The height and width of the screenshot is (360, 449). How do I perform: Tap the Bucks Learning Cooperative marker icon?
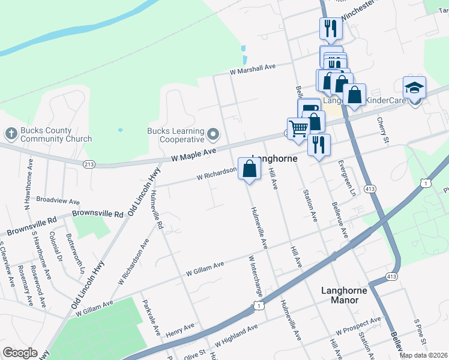coord(212,132)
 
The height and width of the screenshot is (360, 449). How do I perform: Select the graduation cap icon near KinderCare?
coord(414,88)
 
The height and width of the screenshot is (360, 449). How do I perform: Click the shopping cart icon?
coord(298,128)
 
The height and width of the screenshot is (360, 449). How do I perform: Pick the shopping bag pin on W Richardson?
coord(250,169)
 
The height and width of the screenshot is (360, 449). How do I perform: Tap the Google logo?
coord(20,353)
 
